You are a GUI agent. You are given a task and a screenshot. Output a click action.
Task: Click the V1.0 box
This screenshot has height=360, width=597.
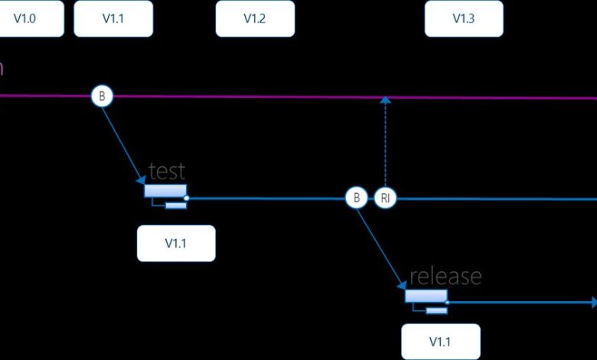(26, 18)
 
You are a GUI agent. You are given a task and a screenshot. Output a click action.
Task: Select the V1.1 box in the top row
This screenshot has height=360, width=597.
(113, 18)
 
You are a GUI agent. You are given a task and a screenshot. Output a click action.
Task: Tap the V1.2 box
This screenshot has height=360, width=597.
(254, 18)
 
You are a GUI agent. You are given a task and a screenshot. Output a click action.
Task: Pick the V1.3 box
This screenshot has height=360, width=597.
(464, 18)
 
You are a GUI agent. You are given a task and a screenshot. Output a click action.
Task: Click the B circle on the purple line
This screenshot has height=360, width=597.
(102, 97)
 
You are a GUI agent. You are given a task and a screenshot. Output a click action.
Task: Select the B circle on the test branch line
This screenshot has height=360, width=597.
(356, 198)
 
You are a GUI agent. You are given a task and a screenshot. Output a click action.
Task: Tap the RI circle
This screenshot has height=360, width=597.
(386, 198)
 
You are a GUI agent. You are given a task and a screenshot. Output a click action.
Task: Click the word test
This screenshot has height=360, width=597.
(166, 170)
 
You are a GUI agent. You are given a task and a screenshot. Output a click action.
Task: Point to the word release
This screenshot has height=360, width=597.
(445, 276)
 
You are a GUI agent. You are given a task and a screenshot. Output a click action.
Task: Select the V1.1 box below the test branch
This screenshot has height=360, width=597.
(176, 244)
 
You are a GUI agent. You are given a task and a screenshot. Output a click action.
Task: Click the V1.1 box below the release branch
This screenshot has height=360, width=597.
(441, 342)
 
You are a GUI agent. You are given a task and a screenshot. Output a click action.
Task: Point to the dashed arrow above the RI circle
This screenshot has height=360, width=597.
(386, 146)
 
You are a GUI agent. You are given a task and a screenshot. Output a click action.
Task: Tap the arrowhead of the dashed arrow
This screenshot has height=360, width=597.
(386, 100)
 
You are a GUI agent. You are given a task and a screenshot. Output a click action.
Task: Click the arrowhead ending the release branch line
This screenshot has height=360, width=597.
(592, 301)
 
